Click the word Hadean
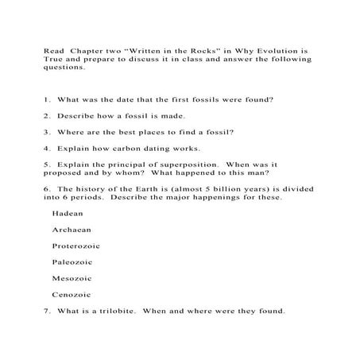click(x=67, y=214)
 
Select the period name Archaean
click(x=70, y=230)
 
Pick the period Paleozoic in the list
click(x=72, y=261)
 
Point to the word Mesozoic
click(x=71, y=278)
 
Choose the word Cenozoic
click(x=71, y=294)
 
